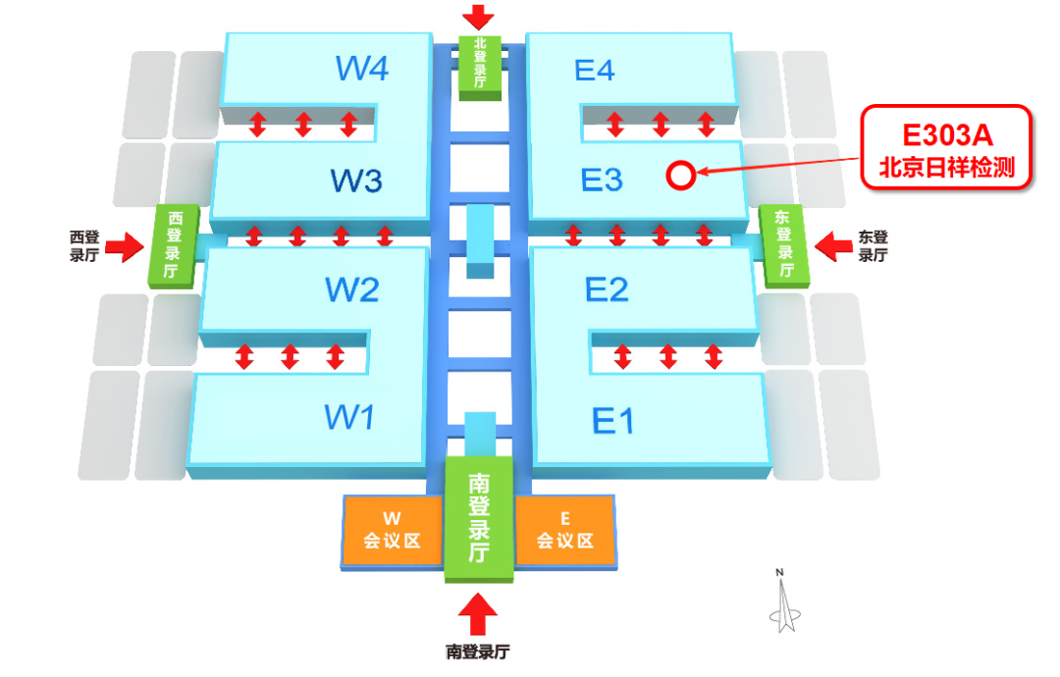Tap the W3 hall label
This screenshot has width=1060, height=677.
(x=355, y=181)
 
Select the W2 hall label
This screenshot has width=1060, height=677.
(x=351, y=290)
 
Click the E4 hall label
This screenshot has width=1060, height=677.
(x=594, y=71)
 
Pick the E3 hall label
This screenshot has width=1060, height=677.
(x=602, y=181)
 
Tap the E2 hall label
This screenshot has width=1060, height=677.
(x=607, y=290)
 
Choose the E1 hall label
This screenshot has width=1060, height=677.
(x=613, y=421)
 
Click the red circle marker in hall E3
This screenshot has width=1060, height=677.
(x=680, y=175)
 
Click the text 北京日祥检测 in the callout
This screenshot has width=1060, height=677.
(x=947, y=166)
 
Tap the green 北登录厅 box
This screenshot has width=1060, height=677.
(x=480, y=65)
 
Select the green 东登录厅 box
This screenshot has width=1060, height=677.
(x=784, y=244)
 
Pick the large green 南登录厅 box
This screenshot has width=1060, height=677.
(x=479, y=518)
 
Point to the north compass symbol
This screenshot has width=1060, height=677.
(x=781, y=600)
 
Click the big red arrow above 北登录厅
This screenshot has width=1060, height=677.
(x=480, y=17)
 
